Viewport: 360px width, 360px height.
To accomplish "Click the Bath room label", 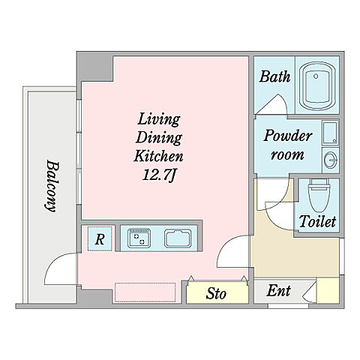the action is (274, 76).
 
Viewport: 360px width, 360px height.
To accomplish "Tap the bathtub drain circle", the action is (316, 76).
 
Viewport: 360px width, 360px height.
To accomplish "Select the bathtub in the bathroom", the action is (317, 86).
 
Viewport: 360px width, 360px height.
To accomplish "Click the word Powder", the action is (288, 136).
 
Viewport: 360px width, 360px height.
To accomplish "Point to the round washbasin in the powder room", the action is (331, 160).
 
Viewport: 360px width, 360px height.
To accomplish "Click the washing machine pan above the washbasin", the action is (330, 133).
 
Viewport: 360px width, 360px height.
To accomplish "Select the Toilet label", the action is (317, 221).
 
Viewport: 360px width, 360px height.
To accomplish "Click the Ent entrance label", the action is (278, 291).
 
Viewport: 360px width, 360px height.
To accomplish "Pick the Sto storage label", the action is (216, 293).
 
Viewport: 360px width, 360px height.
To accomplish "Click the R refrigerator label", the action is (100, 239).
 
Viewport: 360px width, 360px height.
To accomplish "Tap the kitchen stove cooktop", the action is (139, 238).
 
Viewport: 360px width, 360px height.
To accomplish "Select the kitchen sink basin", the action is (178, 238).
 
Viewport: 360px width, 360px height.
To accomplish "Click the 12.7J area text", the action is (159, 175).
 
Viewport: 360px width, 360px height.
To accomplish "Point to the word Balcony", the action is (52, 186).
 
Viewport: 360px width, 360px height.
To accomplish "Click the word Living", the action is (158, 120).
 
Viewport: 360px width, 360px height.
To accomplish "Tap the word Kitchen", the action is (158, 156).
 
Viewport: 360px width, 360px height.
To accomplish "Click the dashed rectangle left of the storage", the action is (145, 292).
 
